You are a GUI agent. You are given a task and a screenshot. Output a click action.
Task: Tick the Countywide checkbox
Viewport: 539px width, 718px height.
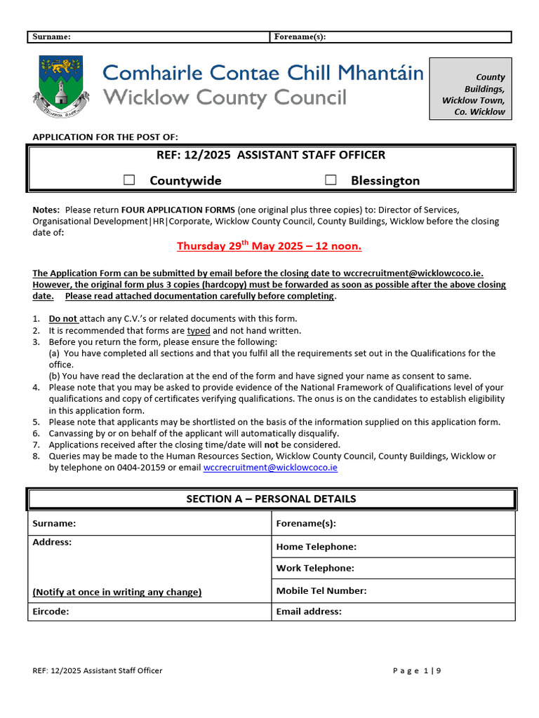[x=129, y=180]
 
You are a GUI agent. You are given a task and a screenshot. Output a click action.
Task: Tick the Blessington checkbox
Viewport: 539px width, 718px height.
[x=331, y=180]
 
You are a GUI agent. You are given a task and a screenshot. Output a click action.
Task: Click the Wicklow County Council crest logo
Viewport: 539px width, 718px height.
[x=62, y=86]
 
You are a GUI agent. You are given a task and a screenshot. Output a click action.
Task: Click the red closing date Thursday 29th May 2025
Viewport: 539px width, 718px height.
[x=269, y=246]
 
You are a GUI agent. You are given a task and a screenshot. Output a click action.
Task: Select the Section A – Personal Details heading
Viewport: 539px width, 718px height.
[x=271, y=499]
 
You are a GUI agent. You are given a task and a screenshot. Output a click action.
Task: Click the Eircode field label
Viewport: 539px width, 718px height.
[x=50, y=611]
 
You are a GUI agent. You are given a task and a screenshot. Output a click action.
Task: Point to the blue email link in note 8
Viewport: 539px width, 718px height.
[x=270, y=467]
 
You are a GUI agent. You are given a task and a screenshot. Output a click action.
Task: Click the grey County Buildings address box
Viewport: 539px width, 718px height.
[x=470, y=89]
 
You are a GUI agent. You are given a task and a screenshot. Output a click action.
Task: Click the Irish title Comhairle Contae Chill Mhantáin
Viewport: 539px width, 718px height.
[x=263, y=73]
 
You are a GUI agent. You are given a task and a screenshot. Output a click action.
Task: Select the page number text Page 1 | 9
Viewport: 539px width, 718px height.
[x=417, y=670]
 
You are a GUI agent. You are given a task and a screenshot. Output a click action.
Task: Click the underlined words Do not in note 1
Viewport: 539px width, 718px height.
[x=62, y=319]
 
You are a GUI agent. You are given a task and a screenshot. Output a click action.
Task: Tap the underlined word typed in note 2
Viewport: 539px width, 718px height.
[x=198, y=330]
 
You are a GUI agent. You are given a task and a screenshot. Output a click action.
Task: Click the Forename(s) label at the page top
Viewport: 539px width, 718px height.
[x=300, y=37]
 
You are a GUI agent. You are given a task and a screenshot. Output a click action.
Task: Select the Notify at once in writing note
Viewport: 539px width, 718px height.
[x=117, y=592]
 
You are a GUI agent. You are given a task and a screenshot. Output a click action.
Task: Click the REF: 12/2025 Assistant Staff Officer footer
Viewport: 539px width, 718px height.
[x=98, y=670]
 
